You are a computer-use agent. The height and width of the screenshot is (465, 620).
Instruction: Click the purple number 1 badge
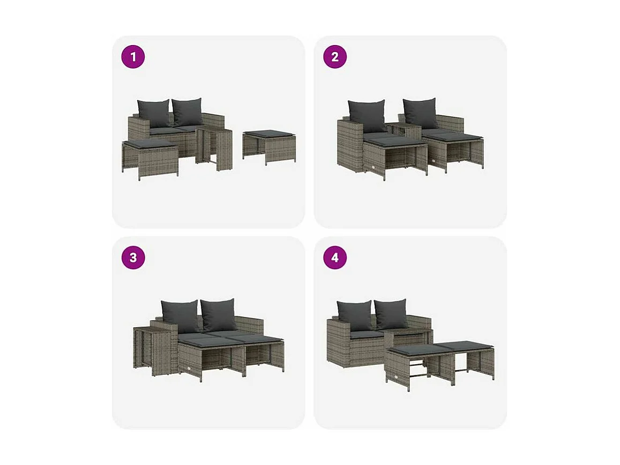pyautogui.click(x=133, y=57)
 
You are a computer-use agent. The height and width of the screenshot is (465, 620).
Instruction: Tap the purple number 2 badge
pyautogui.click(x=335, y=57)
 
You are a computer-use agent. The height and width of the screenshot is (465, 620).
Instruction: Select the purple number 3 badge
pyautogui.click(x=133, y=258)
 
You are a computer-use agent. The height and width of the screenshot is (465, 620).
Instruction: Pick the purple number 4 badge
pyautogui.click(x=335, y=258)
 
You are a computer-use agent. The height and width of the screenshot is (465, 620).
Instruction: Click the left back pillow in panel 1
pyautogui.click(x=153, y=113)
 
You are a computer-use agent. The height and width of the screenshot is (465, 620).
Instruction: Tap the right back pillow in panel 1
pyautogui.click(x=188, y=112)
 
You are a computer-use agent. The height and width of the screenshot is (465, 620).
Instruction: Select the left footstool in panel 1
pyautogui.click(x=150, y=158)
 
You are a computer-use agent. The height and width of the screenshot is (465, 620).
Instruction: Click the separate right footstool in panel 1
pyautogui.click(x=268, y=145)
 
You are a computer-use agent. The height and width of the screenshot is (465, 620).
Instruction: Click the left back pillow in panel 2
pyautogui.click(x=367, y=115)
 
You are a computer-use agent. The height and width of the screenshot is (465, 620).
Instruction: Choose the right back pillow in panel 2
pyautogui.click(x=421, y=113)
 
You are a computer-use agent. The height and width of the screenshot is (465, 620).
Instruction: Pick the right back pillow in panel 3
pyautogui.click(x=219, y=314)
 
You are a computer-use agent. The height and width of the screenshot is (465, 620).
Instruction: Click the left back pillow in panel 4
pyautogui.click(x=354, y=315)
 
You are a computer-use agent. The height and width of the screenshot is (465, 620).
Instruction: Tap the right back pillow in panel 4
pyautogui.click(x=391, y=314)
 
